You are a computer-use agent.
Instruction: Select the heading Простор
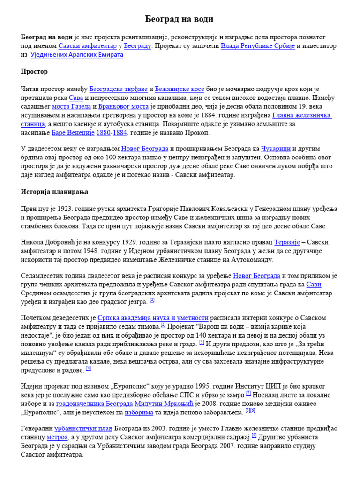click(x=34, y=72)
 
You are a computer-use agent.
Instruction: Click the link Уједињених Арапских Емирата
click(x=77, y=55)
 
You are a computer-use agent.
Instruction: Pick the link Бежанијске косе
click(x=173, y=89)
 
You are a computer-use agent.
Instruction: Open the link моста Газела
click(x=71, y=106)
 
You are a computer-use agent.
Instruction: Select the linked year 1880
click(x=104, y=133)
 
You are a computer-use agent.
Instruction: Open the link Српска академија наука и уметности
click(x=152, y=318)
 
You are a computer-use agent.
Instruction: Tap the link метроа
click(x=57, y=437)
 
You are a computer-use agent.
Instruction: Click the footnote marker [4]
click(x=89, y=369)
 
